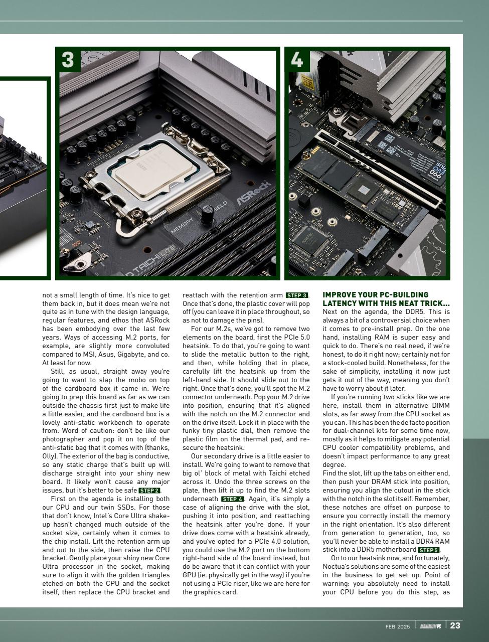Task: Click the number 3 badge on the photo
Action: [67, 60]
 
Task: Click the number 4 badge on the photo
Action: [297, 60]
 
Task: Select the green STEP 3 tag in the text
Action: [297, 295]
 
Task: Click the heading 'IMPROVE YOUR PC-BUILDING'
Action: [375, 295]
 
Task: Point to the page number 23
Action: [455, 625]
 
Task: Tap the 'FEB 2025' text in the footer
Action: [398, 626]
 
